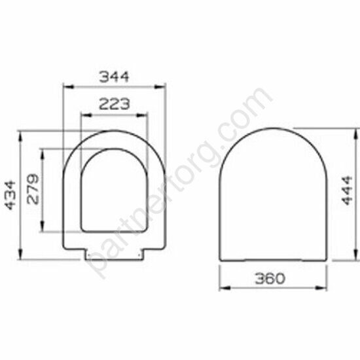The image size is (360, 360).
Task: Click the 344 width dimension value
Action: click(x=114, y=76)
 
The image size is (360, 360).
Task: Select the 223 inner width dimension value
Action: click(x=114, y=103)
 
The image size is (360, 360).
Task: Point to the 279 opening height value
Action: click(x=33, y=190)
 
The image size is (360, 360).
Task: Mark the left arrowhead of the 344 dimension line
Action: click(x=66, y=86)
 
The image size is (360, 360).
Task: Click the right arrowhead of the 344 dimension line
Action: click(x=162, y=86)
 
